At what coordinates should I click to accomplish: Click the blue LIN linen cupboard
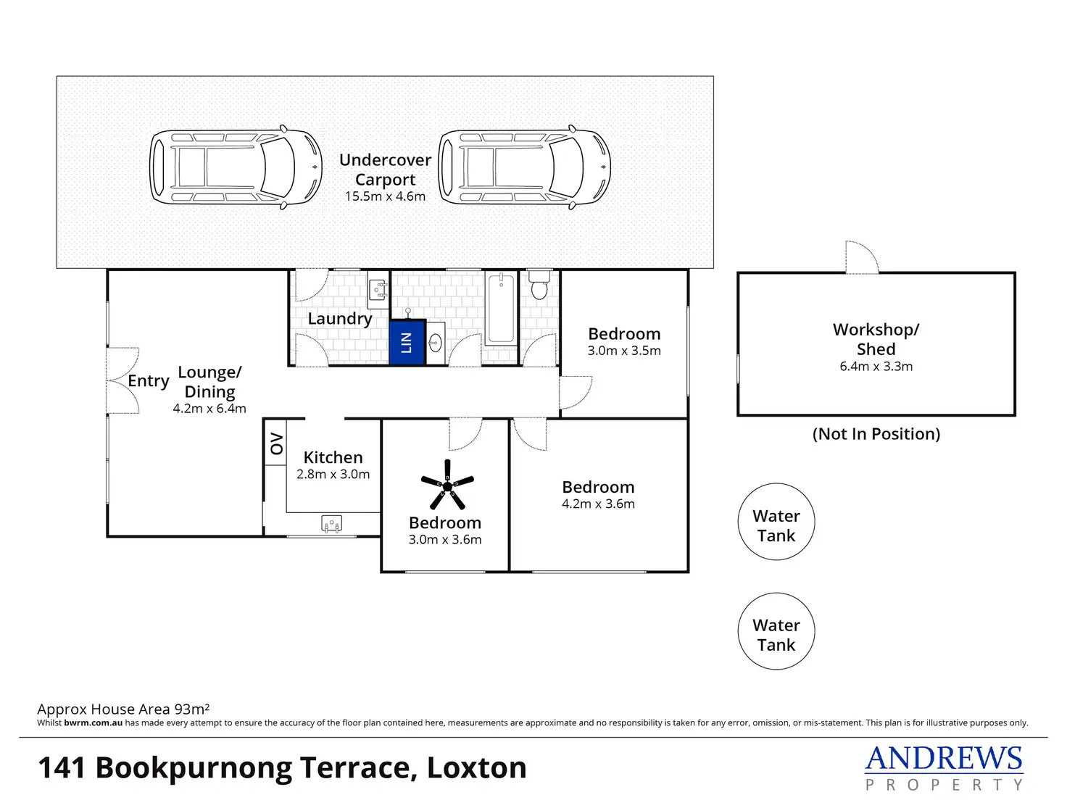tap(406, 342)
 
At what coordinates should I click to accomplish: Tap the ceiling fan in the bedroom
tap(447, 484)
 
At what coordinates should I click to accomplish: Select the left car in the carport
tap(236, 168)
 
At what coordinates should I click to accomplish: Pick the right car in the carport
tap(525, 168)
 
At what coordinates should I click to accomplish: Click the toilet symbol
tap(539, 287)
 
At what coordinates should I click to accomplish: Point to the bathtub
tap(500, 309)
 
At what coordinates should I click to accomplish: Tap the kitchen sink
tap(331, 524)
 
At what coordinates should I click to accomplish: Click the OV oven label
tap(275, 443)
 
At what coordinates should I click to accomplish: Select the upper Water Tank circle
tap(776, 522)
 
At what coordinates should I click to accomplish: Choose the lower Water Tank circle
tap(776, 631)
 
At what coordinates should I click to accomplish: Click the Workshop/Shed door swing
tap(862, 257)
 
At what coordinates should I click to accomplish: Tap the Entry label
tap(149, 381)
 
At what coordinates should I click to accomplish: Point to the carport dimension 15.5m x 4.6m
tap(385, 196)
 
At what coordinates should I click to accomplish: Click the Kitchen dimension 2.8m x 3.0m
tap(333, 475)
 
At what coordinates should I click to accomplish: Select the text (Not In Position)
tap(876, 434)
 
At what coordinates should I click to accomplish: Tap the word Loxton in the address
tap(476, 768)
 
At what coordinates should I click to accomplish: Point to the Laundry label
tap(339, 319)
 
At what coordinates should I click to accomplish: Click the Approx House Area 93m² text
tap(123, 709)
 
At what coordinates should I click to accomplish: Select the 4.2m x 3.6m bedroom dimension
tap(598, 504)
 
